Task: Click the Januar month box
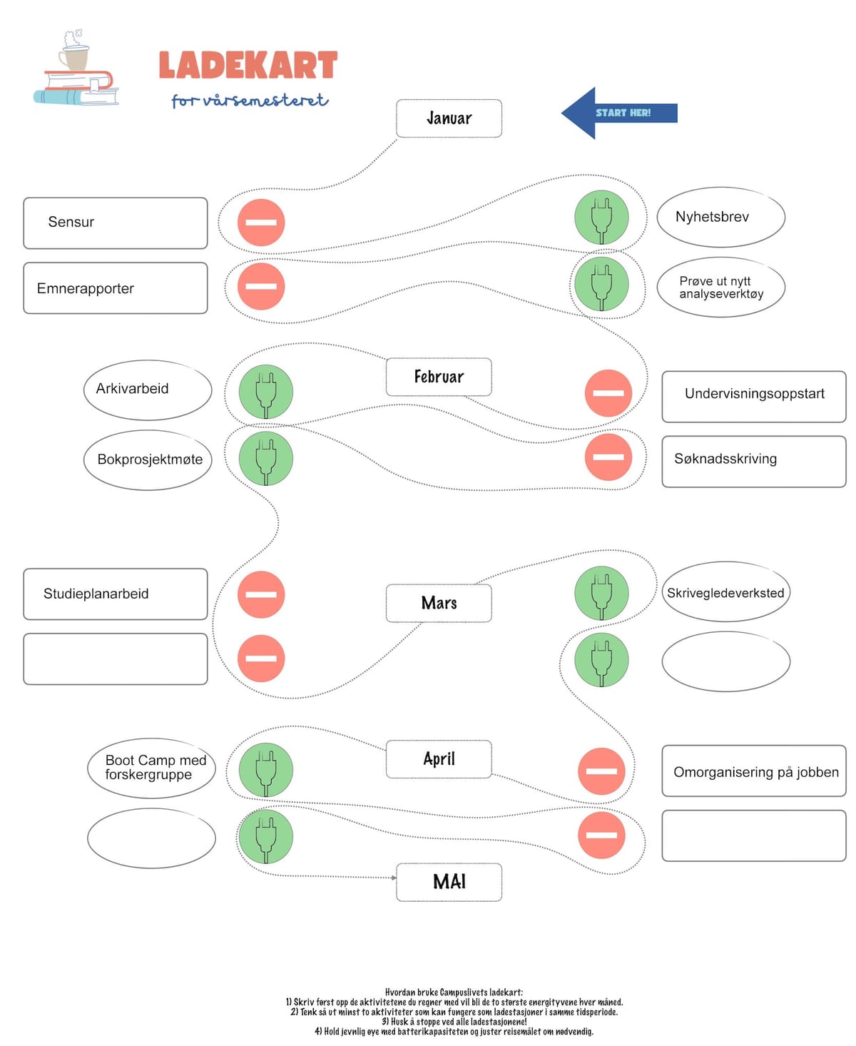click(x=449, y=118)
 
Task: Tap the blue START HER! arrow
click(x=618, y=113)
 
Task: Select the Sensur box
click(x=115, y=223)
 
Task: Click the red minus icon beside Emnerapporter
click(x=261, y=286)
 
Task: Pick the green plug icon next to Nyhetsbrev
click(x=601, y=217)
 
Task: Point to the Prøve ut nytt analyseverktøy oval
click(x=720, y=287)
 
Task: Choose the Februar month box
click(x=439, y=377)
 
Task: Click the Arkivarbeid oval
click(x=148, y=390)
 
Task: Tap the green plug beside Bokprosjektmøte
click(x=265, y=458)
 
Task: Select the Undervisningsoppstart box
click(x=753, y=395)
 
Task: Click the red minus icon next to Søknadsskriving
click(x=608, y=457)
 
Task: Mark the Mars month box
click(x=439, y=603)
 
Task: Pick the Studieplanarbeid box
click(x=115, y=594)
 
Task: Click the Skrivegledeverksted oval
click(x=725, y=592)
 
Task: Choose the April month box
click(x=439, y=758)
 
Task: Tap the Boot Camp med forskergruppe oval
click(x=151, y=768)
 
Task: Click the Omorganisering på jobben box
click(x=753, y=771)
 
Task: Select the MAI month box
click(x=449, y=882)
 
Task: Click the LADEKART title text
click(x=248, y=66)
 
